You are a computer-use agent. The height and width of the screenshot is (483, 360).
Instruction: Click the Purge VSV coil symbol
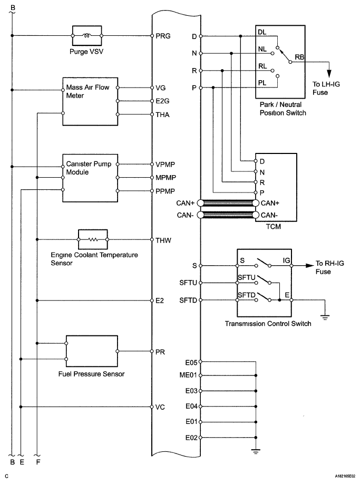87,36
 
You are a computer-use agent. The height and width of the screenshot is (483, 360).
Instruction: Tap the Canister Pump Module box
90,177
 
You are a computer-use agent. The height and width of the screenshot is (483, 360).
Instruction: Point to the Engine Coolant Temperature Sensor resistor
93,240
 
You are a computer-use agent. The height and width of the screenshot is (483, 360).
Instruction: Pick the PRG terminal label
162,36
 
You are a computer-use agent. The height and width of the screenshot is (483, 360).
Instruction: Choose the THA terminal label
162,114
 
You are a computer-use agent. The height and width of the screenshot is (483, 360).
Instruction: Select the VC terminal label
160,407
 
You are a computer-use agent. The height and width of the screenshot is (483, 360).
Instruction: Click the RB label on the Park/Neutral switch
299,56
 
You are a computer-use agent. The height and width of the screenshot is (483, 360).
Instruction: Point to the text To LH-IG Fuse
327,89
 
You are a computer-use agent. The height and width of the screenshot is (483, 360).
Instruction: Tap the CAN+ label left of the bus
187,203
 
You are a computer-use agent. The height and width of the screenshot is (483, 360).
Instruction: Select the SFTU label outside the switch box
188,283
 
